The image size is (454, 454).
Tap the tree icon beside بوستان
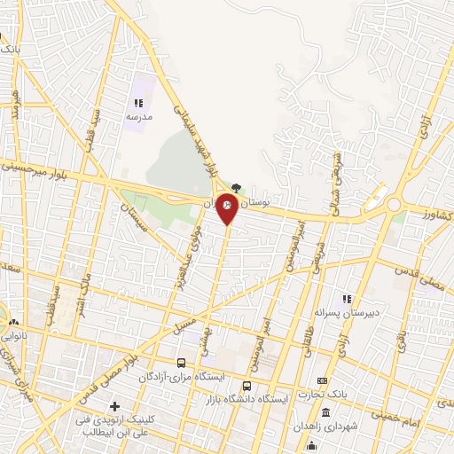[235, 187]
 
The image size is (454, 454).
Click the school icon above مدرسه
[138, 104]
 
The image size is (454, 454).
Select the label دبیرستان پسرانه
[333, 312]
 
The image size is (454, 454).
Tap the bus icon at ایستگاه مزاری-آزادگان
[182, 363]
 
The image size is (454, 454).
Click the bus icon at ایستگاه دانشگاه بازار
[247, 386]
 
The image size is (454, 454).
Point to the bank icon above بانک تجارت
[322, 380]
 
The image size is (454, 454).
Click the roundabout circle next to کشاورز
[393, 207]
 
